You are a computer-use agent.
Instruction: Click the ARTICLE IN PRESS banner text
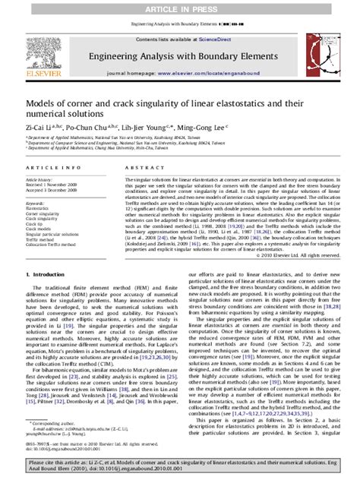[x=180, y=7]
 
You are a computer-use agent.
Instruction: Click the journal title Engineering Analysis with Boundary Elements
[x=179, y=55]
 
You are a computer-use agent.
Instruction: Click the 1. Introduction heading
[x=49, y=273]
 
